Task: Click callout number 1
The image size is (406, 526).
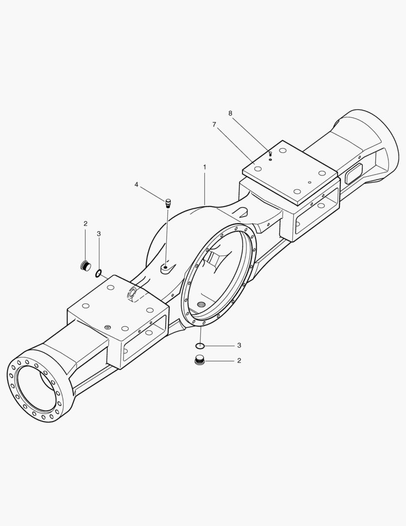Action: [x=205, y=167]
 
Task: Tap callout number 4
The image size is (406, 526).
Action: [x=137, y=185]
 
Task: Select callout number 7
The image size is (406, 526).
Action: [x=214, y=125]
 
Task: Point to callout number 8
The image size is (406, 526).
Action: [x=230, y=113]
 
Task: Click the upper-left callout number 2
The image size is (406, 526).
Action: [x=86, y=224]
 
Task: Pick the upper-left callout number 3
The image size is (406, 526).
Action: [x=99, y=234]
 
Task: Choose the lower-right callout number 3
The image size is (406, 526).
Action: [x=239, y=345]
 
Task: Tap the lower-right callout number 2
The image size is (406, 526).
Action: [x=239, y=361]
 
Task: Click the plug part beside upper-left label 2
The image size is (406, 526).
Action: [x=86, y=266]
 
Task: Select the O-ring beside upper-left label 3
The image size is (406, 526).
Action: [x=99, y=273]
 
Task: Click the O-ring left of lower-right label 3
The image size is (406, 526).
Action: [x=200, y=346]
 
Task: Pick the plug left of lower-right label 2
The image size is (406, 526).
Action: [x=199, y=361]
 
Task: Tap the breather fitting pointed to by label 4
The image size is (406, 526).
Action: [x=168, y=203]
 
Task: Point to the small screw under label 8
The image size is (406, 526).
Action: [x=270, y=154]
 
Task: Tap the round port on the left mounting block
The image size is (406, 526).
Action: [x=132, y=292]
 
